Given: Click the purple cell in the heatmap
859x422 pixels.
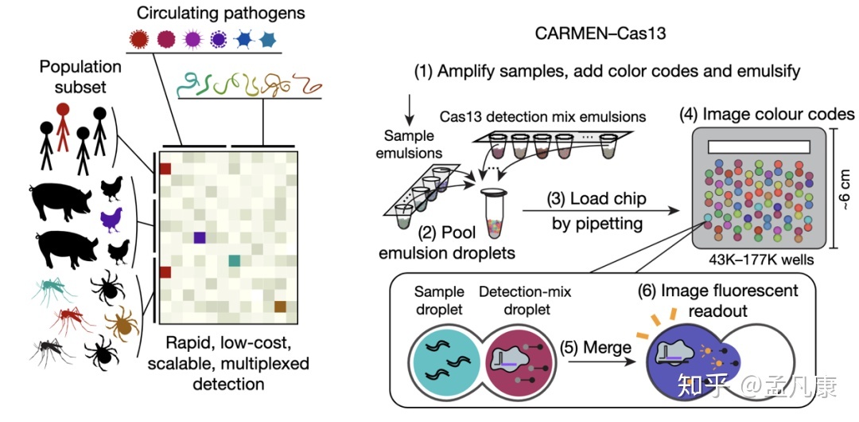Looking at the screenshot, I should click(199, 237).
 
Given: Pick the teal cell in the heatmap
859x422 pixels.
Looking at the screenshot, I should click(234, 260).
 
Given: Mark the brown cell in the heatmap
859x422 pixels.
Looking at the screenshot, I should click(280, 307).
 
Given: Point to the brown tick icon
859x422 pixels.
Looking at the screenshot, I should click(122, 322).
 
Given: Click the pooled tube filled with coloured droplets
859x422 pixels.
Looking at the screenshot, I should click(494, 212).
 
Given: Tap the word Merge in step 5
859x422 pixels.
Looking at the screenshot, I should click(607, 347).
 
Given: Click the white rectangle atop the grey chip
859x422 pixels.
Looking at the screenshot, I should click(758, 148).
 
